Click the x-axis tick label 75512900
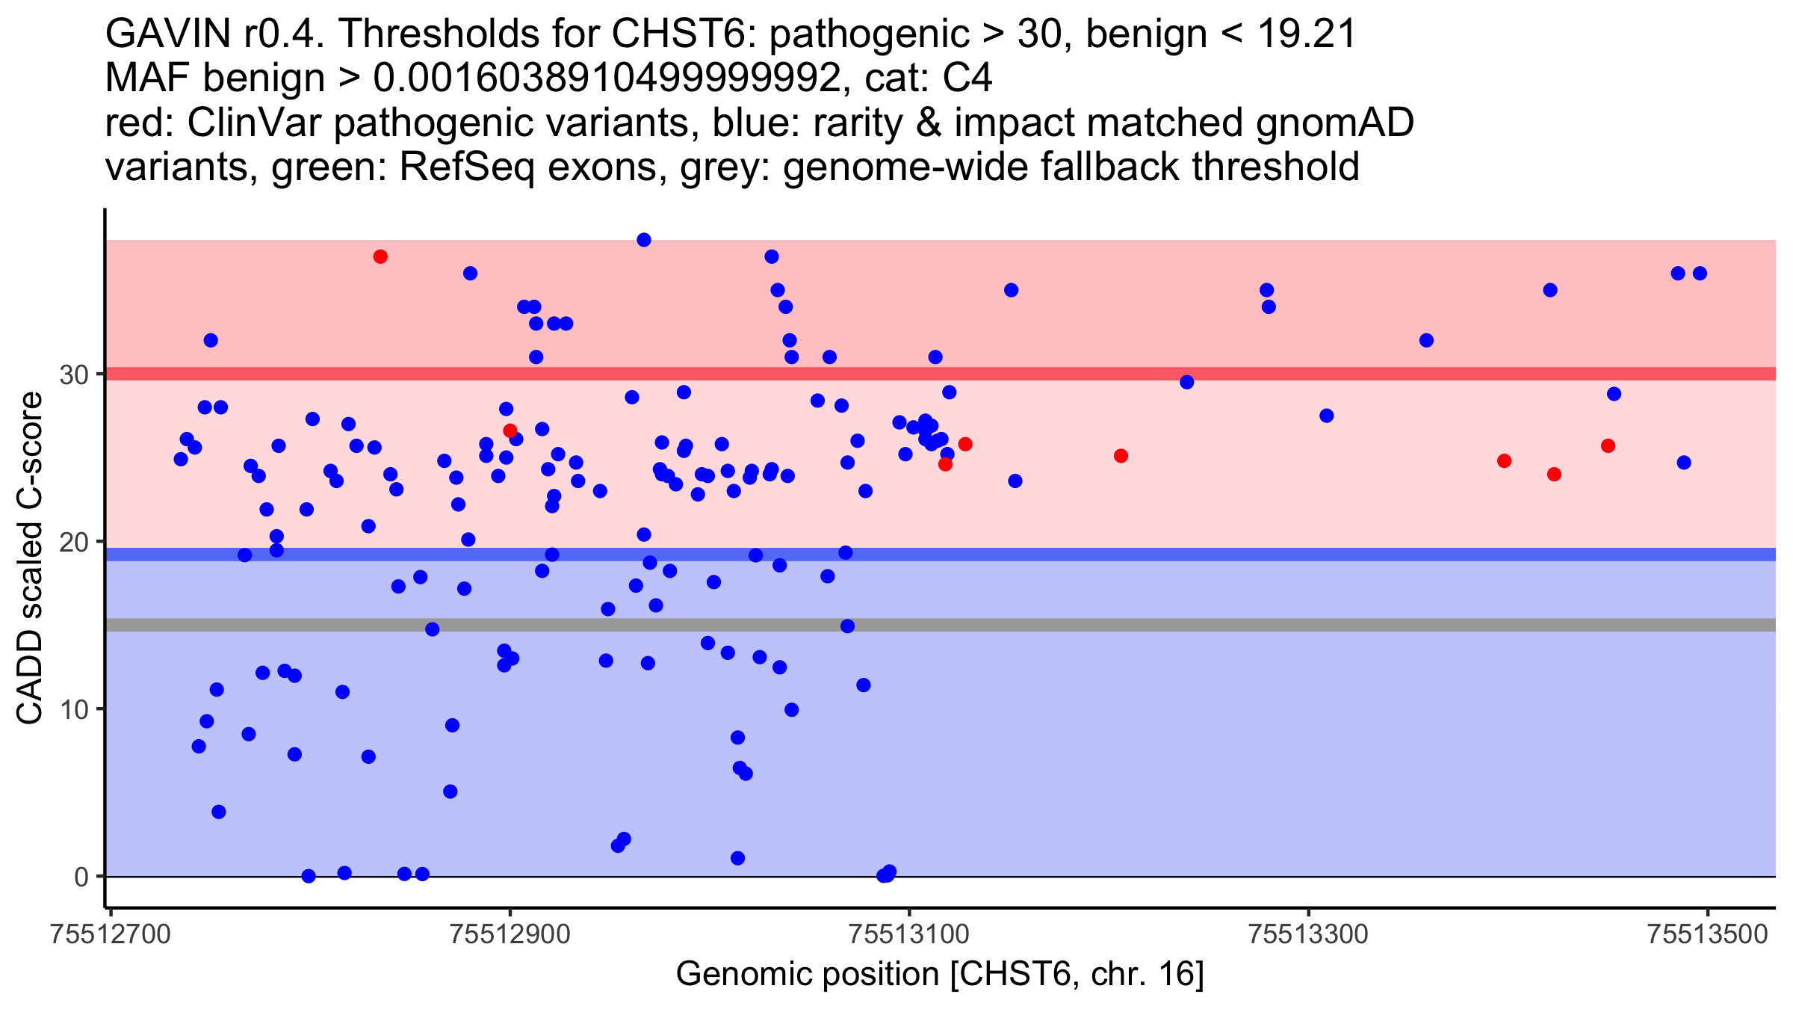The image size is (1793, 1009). pos(510,934)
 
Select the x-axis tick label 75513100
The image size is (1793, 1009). pos(909,934)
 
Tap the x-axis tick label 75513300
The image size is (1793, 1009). pos(1308,934)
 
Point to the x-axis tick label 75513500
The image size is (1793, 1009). pos(1707,934)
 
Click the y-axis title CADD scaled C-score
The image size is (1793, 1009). pos(30,559)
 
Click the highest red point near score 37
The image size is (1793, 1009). pos(380,257)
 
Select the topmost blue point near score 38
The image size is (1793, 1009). pos(644,240)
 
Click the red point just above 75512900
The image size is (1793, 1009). pos(510,431)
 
